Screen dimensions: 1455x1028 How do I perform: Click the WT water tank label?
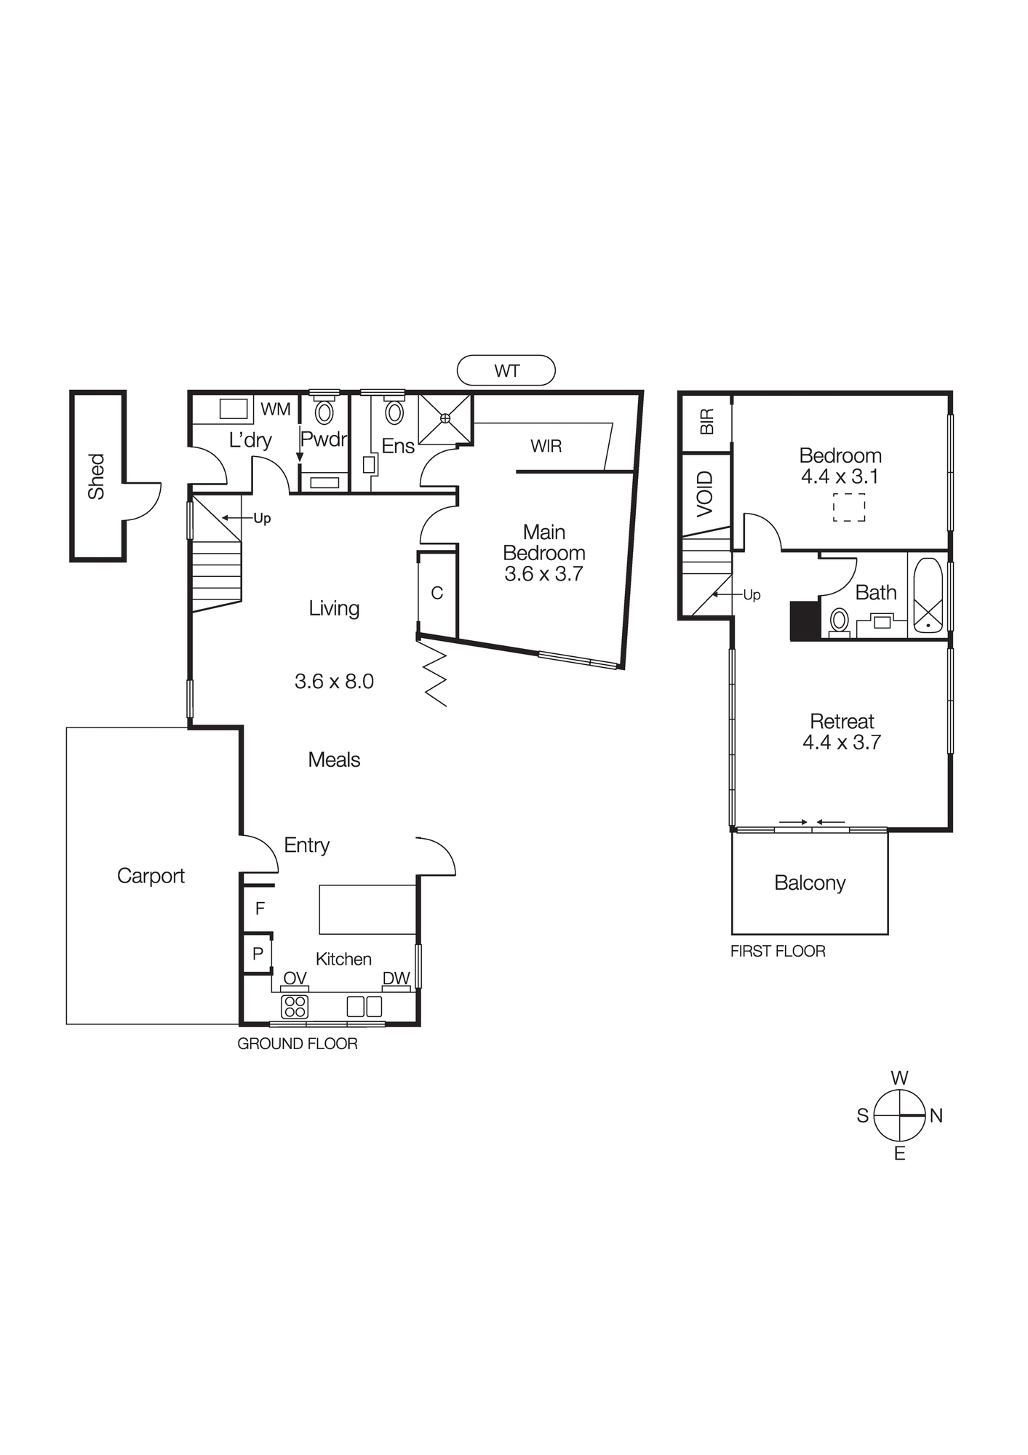[x=506, y=371]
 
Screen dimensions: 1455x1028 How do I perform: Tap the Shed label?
[x=96, y=477]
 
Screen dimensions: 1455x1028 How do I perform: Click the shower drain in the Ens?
[x=445, y=418]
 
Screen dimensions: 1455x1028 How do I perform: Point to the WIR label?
[x=546, y=446]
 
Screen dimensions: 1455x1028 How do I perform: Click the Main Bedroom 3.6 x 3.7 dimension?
[x=543, y=574]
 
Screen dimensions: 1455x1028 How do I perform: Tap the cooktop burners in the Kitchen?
[x=295, y=1006]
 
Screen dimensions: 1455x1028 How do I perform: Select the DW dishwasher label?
[x=397, y=978]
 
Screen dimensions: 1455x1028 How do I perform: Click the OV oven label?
[x=295, y=978]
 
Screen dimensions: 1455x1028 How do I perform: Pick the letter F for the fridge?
[x=260, y=908]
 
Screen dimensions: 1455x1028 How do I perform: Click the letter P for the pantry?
[x=258, y=954]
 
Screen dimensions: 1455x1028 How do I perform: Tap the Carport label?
[x=151, y=876]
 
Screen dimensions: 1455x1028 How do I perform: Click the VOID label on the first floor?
[x=706, y=494]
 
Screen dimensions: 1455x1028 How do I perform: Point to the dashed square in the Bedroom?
[x=849, y=507]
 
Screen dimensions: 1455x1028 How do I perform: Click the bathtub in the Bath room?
[x=928, y=595]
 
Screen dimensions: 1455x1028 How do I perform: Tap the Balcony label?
[x=810, y=883]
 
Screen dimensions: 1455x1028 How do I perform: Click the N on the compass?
[x=936, y=1115]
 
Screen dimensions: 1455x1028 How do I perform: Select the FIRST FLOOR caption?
[x=778, y=952]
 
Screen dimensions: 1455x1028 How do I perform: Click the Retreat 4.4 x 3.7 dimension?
[x=842, y=743]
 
